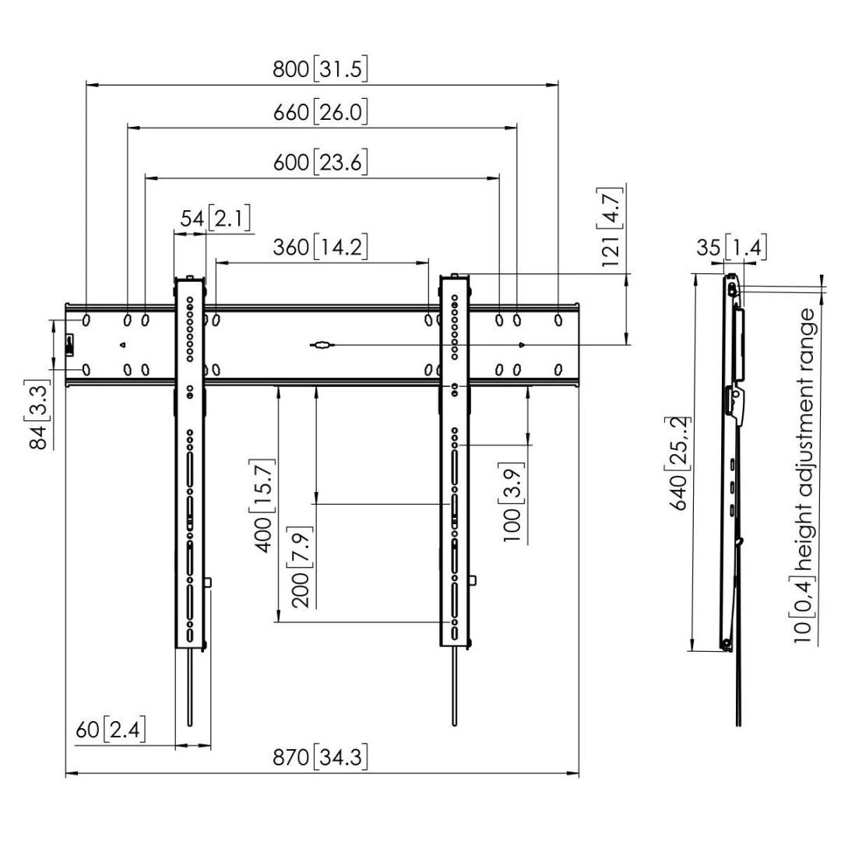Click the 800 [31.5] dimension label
[320, 69]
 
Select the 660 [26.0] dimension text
[320, 112]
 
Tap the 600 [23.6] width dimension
[320, 163]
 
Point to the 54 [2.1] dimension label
[215, 219]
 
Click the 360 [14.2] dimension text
[320, 248]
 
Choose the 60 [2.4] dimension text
[110, 731]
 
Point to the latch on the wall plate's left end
[69, 343]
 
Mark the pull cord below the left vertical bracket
[189, 685]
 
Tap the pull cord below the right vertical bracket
[453, 685]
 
